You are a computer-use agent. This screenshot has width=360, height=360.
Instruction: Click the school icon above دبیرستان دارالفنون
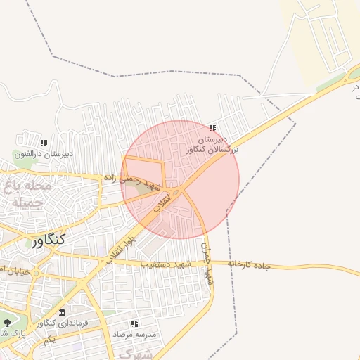tap(44, 143)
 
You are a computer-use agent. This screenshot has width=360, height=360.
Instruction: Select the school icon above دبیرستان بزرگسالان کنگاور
tap(213, 129)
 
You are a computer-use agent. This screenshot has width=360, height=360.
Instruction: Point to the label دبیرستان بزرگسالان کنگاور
tap(213, 145)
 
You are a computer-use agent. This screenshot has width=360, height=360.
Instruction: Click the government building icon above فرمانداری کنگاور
tap(63, 312)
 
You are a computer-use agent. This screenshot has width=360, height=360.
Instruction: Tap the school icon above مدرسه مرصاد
tap(134, 324)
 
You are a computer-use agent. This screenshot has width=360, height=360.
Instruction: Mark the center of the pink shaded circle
tap(180, 179)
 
